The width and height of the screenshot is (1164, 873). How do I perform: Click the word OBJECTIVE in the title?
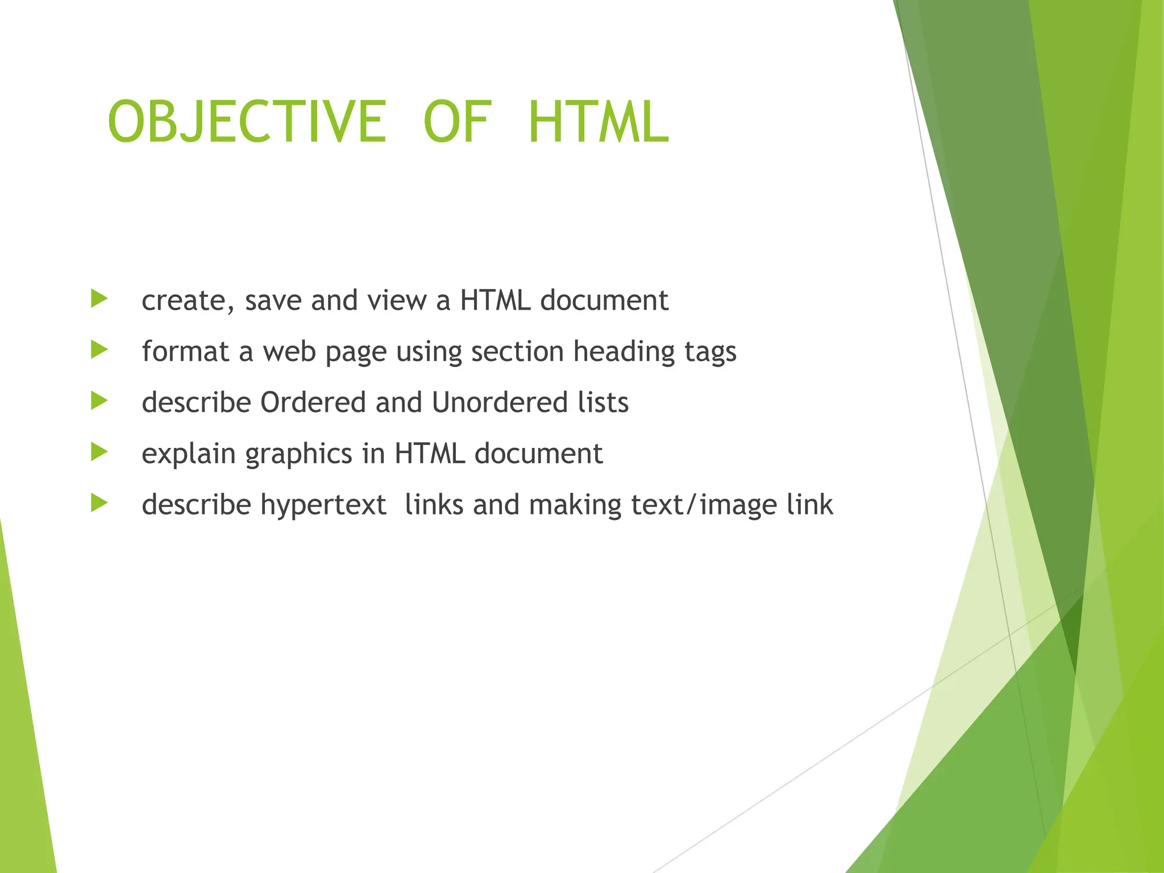point(247,122)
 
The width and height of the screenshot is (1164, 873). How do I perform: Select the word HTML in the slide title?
point(598,122)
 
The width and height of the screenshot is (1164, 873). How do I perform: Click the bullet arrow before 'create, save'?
point(99,298)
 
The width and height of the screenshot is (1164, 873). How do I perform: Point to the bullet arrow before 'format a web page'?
point(99,350)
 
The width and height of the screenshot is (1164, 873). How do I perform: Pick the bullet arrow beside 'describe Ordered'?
point(99,401)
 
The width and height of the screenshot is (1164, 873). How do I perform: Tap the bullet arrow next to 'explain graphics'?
point(99,452)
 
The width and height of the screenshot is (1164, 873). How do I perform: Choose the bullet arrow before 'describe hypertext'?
point(99,503)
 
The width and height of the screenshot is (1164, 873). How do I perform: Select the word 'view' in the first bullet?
point(397,301)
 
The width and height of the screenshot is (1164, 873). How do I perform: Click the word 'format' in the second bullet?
point(185,352)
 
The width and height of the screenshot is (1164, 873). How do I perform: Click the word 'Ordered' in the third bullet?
point(313,402)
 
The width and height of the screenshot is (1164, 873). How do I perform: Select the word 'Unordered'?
point(500,402)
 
